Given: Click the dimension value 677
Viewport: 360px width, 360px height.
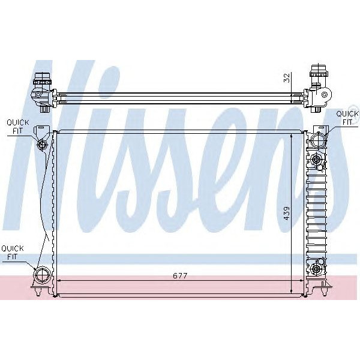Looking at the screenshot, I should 180,276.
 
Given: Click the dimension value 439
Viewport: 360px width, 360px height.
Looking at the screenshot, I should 287,213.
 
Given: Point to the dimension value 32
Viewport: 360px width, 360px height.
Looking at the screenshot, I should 287,77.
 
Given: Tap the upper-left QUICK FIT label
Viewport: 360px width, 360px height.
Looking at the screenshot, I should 17,125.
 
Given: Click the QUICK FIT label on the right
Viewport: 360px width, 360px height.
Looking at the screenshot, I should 346,117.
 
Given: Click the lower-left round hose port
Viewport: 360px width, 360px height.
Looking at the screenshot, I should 42,275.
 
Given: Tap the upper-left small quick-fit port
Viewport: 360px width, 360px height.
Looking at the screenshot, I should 42,145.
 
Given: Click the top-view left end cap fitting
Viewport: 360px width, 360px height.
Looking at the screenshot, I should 43,91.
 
